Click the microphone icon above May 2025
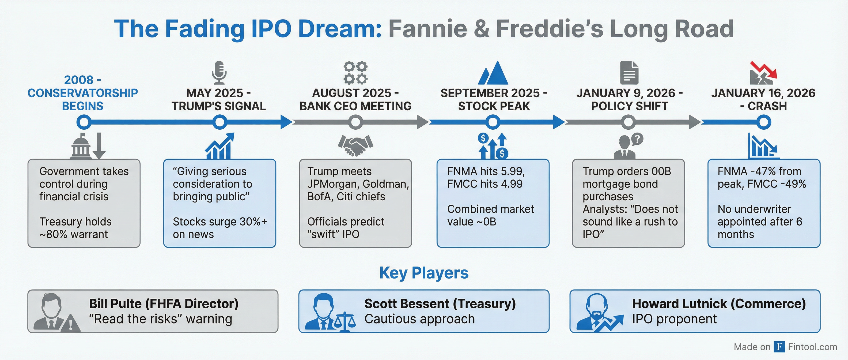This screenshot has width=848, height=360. click(x=219, y=73)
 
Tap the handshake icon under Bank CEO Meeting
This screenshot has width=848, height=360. click(x=355, y=145)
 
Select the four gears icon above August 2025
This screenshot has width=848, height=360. click(x=355, y=73)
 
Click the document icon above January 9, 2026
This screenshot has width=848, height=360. click(x=629, y=73)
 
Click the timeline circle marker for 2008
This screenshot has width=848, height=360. click(x=84, y=122)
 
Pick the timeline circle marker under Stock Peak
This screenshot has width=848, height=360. click(x=493, y=122)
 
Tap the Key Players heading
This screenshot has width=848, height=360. click(x=424, y=273)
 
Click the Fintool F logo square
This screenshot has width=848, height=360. click(x=779, y=347)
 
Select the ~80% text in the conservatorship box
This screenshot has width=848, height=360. click(x=53, y=234)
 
